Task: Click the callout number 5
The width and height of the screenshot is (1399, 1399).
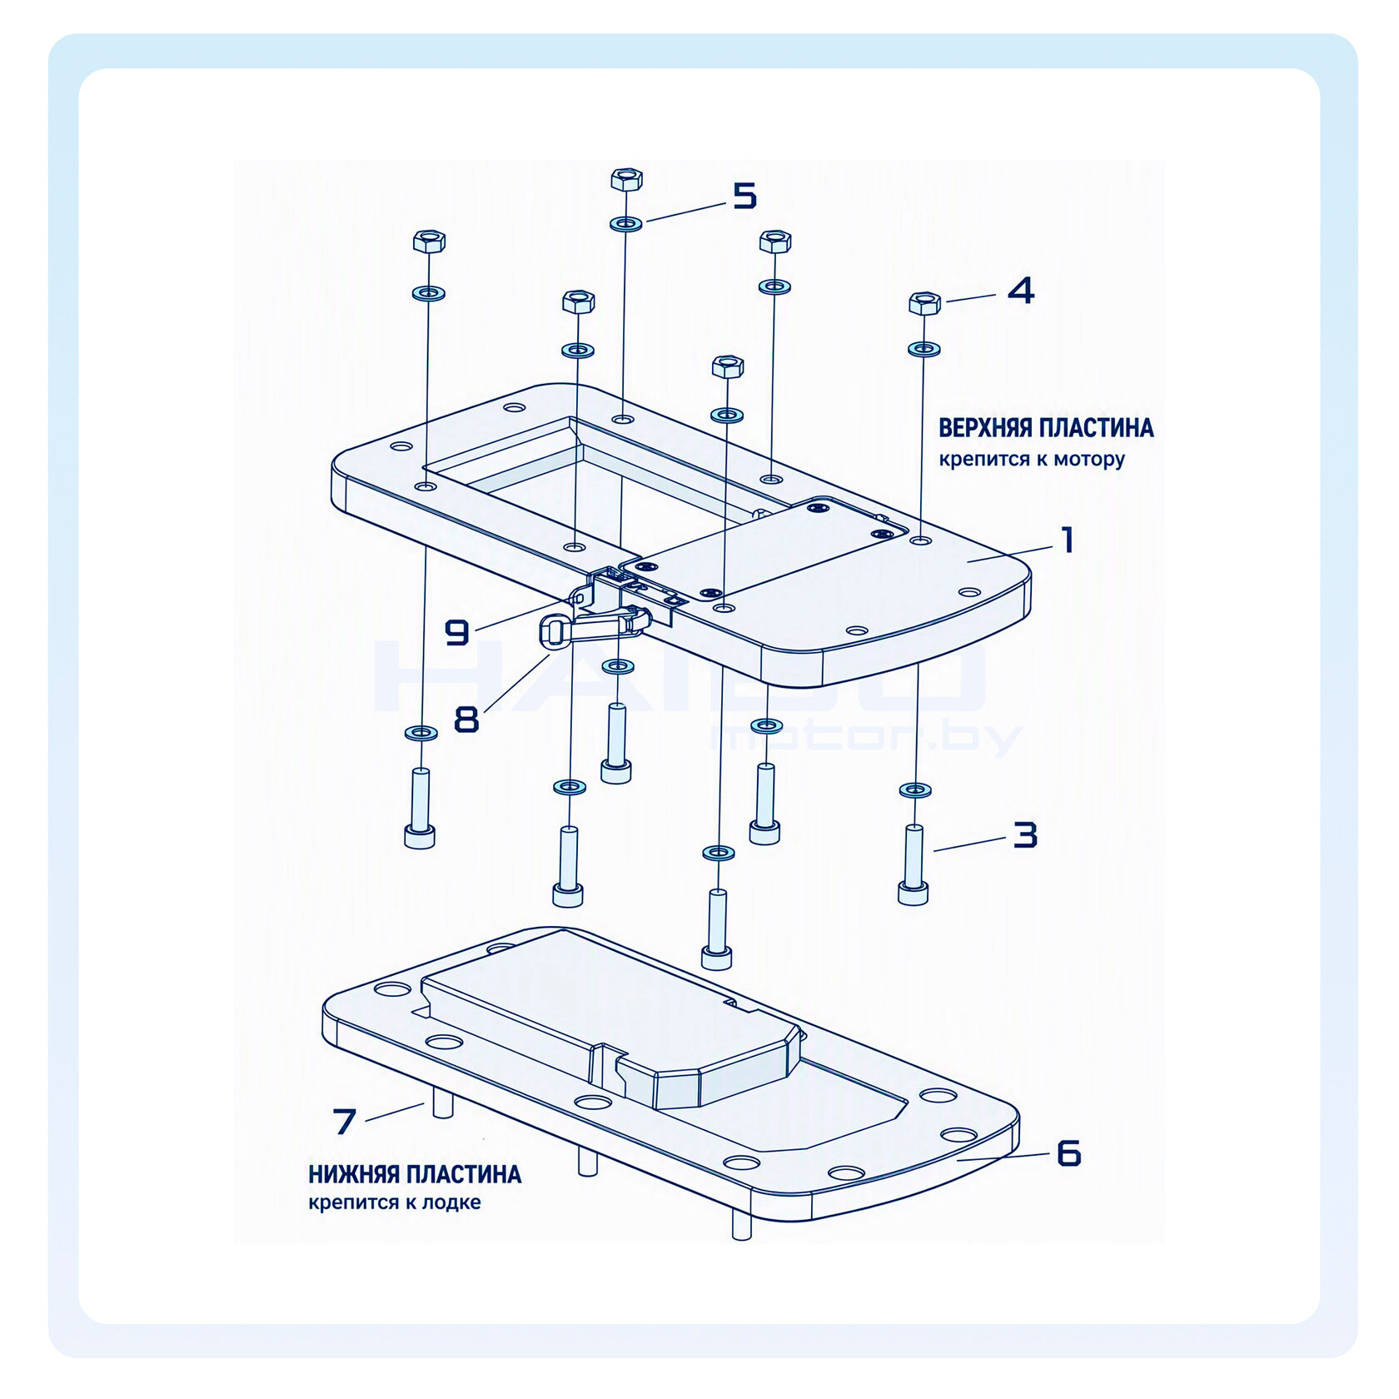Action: (x=744, y=196)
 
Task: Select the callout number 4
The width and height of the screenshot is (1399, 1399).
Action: (x=1021, y=291)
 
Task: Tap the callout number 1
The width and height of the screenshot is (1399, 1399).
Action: (x=1067, y=540)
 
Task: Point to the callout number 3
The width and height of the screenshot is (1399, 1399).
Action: (x=1025, y=834)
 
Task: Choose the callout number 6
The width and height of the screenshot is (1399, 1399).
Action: (x=1068, y=1153)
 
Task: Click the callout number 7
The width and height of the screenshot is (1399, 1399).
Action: (x=345, y=1121)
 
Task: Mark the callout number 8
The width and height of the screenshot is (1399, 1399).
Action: (x=466, y=719)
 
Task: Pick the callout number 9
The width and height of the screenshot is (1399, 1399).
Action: (x=457, y=633)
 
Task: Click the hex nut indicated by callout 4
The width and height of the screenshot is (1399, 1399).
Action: (x=924, y=303)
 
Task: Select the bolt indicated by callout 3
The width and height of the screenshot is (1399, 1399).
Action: (x=914, y=864)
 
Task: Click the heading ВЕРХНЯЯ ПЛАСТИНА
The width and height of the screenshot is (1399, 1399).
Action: (x=1046, y=428)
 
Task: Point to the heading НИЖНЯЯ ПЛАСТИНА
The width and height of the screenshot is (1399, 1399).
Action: (x=415, y=1174)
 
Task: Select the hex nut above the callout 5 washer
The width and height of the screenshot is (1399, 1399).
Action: (x=626, y=179)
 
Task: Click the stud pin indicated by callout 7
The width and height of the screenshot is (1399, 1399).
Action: (x=441, y=1106)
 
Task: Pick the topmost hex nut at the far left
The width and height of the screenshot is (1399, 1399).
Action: (x=429, y=241)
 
